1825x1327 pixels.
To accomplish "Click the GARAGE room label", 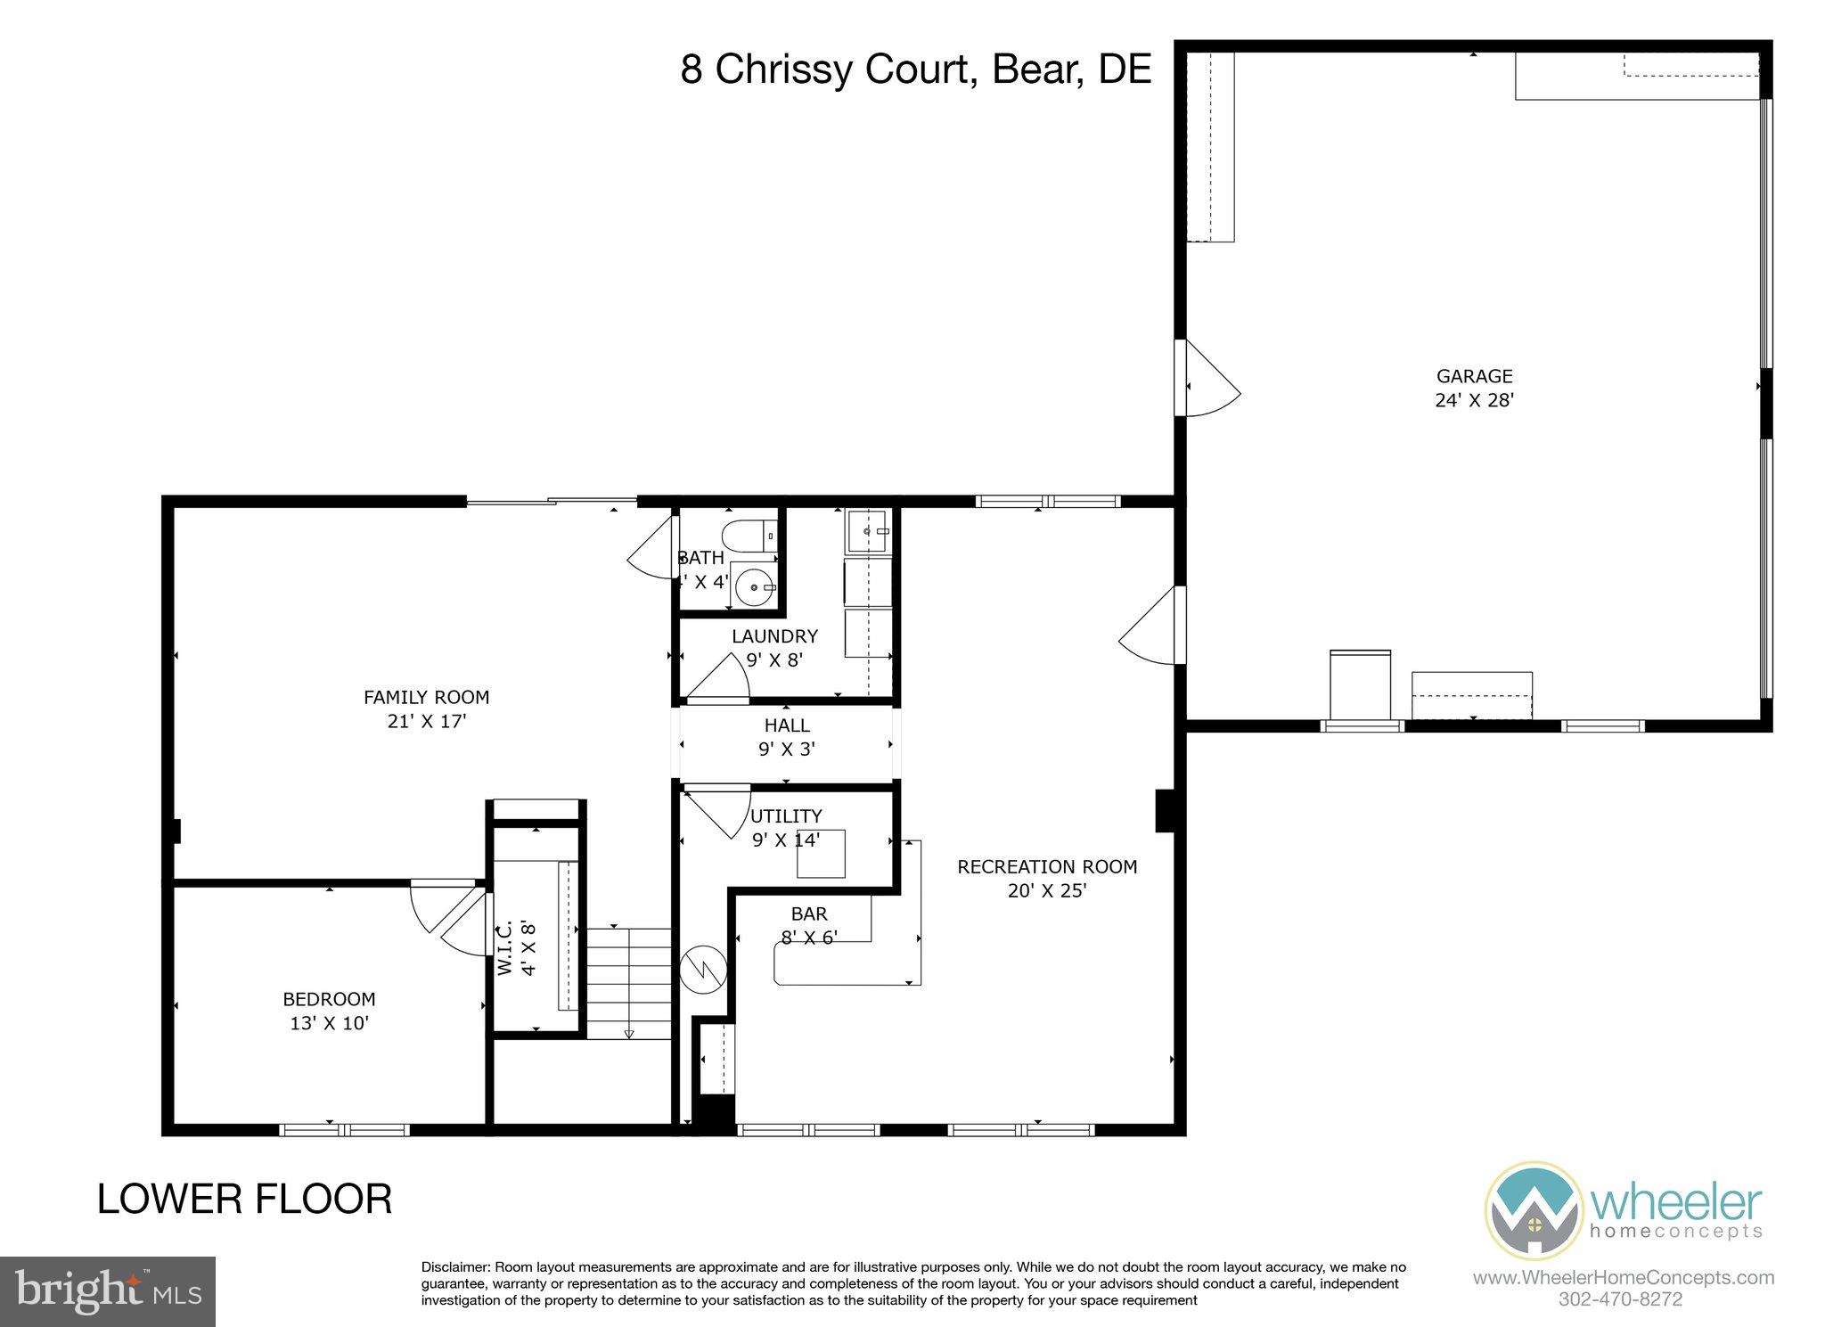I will [x=1474, y=376].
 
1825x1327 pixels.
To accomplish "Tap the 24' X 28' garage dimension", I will [x=1474, y=401].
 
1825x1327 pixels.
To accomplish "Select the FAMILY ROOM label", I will [x=426, y=697].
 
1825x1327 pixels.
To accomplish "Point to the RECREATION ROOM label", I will [x=1047, y=866].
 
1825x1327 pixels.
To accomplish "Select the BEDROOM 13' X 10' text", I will [x=329, y=1012].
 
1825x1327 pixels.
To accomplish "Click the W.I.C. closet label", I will [x=505, y=948].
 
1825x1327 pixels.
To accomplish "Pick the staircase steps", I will [x=627, y=980].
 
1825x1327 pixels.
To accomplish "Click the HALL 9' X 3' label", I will [x=786, y=738].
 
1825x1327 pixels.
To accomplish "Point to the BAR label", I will [x=809, y=913].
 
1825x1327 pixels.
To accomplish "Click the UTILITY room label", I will [x=785, y=816].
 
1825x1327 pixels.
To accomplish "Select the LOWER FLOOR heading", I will [x=244, y=1200].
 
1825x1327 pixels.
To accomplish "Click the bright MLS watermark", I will [x=107, y=1291].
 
